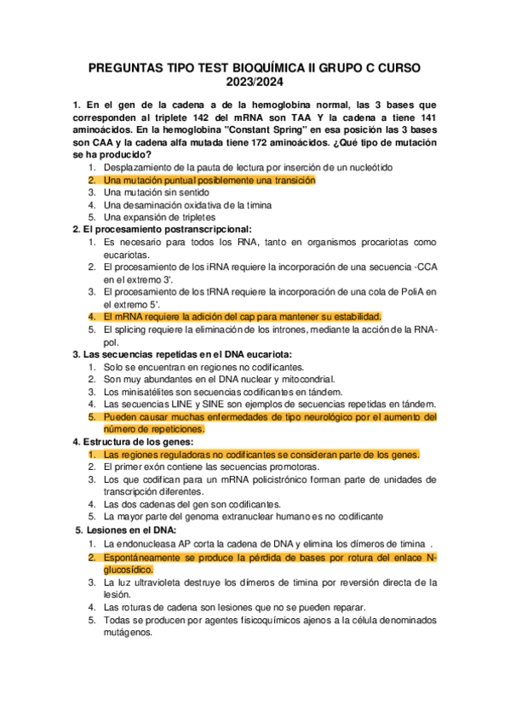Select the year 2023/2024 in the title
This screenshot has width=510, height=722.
point(255,83)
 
